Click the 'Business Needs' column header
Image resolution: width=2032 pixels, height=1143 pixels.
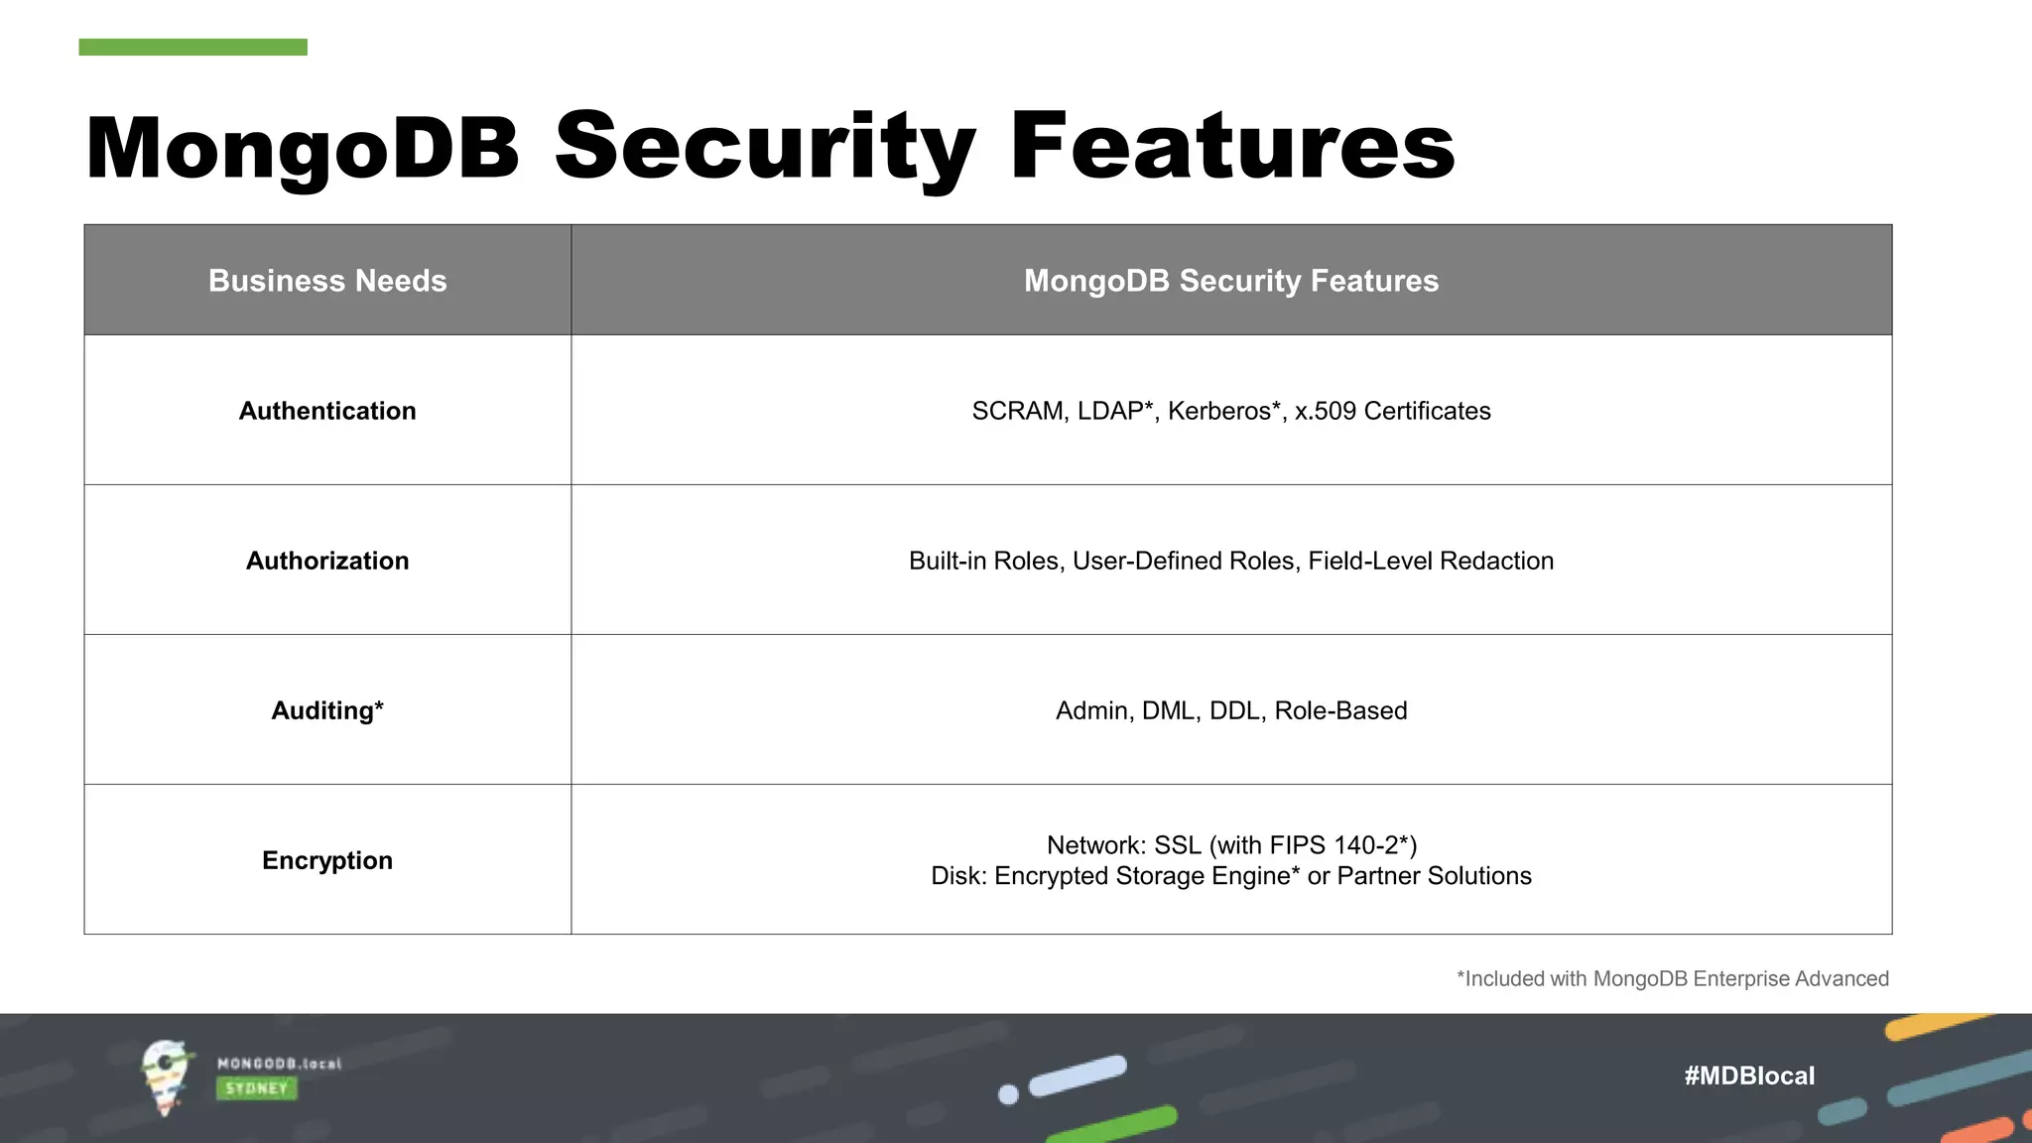click(327, 281)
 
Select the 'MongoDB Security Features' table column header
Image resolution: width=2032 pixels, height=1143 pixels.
click(1230, 281)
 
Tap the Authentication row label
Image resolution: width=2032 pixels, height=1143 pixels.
click(327, 411)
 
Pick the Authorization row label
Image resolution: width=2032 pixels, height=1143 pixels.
click(327, 561)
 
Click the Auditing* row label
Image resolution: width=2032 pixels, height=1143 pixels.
click(327, 710)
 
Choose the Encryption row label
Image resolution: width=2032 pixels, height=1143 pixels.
click(327, 860)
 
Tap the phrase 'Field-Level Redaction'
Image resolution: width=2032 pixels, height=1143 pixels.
click(1431, 561)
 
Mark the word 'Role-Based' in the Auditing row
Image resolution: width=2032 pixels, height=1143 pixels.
click(1340, 710)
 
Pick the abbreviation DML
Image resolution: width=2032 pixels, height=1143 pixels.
click(1168, 710)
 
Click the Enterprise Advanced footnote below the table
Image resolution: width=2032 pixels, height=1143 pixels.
click(1672, 979)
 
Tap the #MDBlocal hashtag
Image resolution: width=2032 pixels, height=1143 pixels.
click(1749, 1076)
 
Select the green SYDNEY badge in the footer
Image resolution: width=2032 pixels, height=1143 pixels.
click(256, 1088)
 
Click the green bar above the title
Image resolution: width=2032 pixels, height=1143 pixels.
click(192, 47)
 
